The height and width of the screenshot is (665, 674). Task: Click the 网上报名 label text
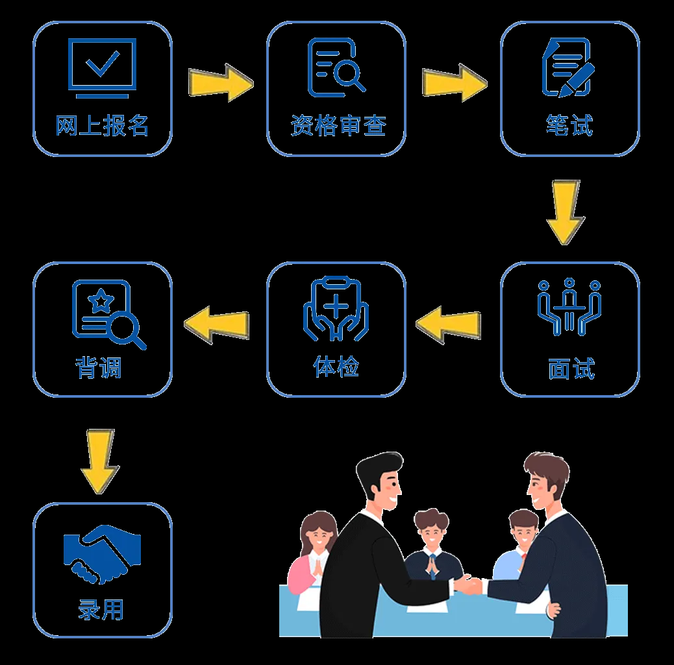pyautogui.click(x=102, y=125)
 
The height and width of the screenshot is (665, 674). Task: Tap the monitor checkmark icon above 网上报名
pyautogui.click(x=103, y=67)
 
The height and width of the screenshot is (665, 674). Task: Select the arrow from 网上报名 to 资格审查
pyautogui.click(x=220, y=82)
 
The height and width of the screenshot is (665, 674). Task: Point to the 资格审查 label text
pyautogui.click(x=338, y=125)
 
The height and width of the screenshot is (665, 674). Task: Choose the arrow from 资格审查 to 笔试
pyautogui.click(x=454, y=82)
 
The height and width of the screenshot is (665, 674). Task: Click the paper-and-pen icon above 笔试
pyautogui.click(x=568, y=67)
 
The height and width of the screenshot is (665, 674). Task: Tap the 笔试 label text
pyautogui.click(x=569, y=125)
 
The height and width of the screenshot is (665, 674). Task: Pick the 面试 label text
pyautogui.click(x=571, y=369)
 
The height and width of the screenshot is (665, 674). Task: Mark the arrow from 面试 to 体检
pyautogui.click(x=449, y=322)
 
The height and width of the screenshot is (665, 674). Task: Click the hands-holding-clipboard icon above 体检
pyautogui.click(x=336, y=308)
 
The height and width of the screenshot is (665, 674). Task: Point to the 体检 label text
pyautogui.click(x=336, y=367)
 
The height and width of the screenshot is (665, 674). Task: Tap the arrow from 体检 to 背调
pyautogui.click(x=217, y=322)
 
